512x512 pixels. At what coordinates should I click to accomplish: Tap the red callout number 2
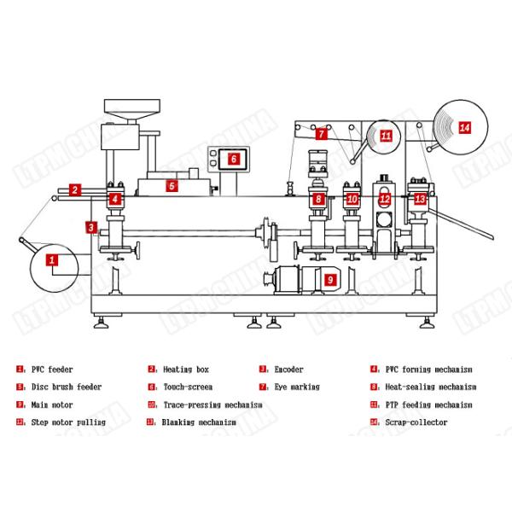point(75,190)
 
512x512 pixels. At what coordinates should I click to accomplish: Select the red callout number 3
point(91,227)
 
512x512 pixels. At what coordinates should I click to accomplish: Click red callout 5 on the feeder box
point(172,185)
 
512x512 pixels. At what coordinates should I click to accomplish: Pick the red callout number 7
point(322,134)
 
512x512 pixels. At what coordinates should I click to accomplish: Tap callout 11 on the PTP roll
point(386,136)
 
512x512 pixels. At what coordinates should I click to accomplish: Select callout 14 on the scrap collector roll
point(464,127)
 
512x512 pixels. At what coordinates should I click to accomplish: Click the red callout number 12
point(385,199)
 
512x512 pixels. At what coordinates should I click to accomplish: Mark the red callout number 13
point(419,198)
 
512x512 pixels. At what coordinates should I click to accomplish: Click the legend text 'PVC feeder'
point(52,369)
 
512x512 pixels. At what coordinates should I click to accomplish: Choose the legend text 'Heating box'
point(185,369)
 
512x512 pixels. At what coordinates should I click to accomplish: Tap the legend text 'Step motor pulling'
point(68,422)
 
